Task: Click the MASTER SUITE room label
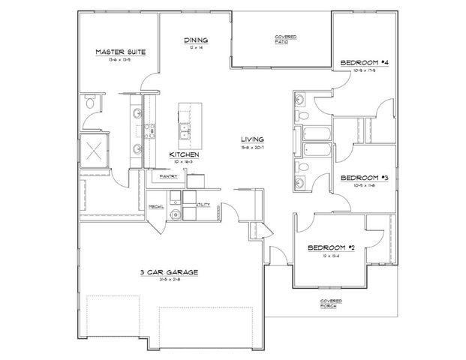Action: click(x=120, y=52)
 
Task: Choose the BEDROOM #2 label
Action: click(x=330, y=247)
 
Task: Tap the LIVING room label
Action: click(x=251, y=139)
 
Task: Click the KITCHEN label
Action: click(x=183, y=154)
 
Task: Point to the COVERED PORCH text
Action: click(x=326, y=304)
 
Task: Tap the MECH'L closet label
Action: click(x=156, y=205)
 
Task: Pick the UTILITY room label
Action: click(x=202, y=204)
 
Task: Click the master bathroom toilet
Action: click(x=90, y=103)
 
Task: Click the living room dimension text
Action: click(x=251, y=148)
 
